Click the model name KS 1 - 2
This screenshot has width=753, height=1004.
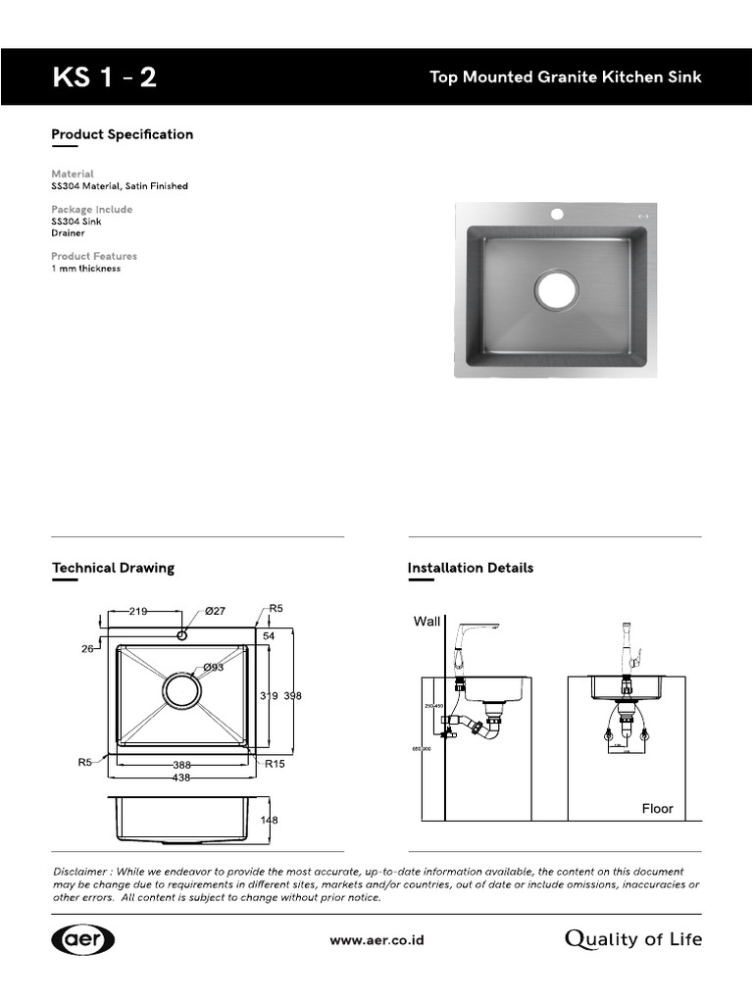click(104, 77)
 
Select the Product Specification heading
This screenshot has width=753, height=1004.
click(122, 134)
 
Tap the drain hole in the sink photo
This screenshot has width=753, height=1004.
click(556, 290)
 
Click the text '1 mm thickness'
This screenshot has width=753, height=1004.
click(86, 269)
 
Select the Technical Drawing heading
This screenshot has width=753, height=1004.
click(113, 568)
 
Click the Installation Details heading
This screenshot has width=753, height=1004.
click(470, 568)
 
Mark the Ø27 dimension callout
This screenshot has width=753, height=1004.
click(215, 612)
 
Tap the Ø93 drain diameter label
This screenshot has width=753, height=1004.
click(214, 669)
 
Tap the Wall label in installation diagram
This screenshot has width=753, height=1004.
click(427, 622)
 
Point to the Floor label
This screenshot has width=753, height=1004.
click(657, 809)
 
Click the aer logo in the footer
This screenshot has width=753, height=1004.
click(83, 939)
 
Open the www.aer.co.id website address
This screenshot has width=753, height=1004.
click(376, 939)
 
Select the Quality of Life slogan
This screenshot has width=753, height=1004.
click(633, 939)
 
